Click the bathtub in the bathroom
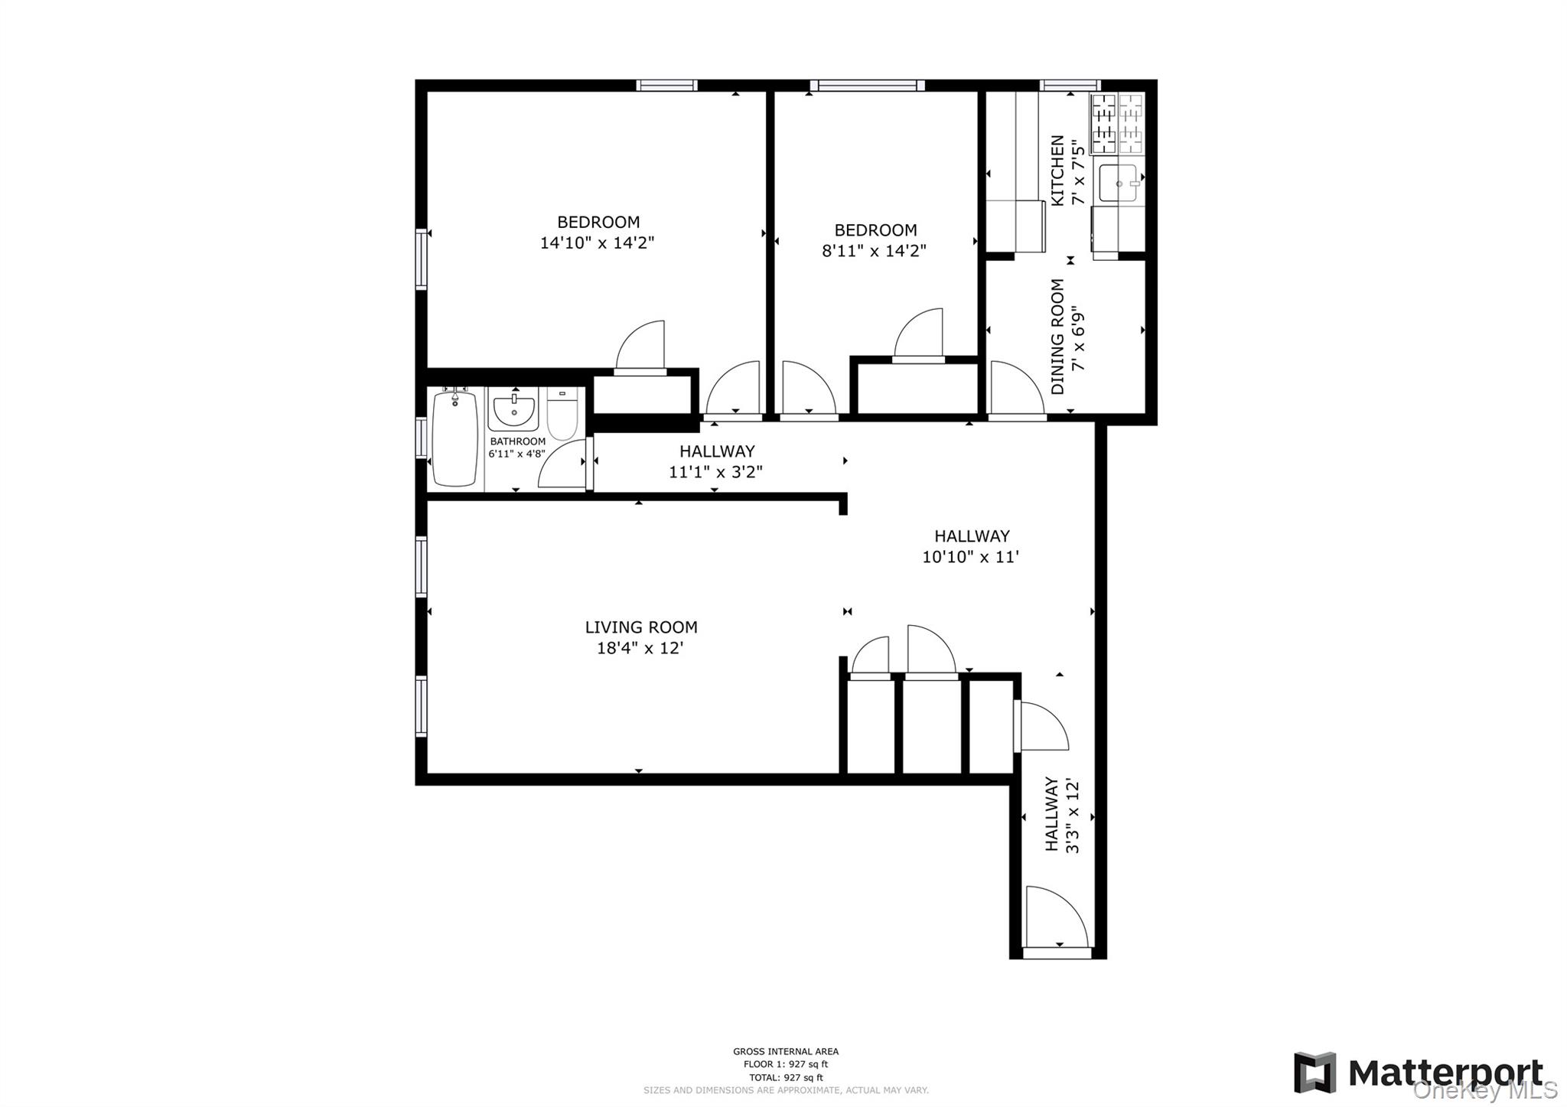click(454, 439)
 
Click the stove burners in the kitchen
click(1116, 123)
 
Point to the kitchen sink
click(1117, 184)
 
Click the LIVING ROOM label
click(641, 627)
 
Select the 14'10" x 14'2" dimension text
click(597, 243)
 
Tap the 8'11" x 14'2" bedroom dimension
click(874, 251)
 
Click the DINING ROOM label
click(1057, 337)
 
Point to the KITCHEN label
click(1057, 171)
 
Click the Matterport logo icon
click(1315, 1073)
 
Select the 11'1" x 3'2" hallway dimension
click(715, 472)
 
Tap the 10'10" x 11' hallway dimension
click(970, 557)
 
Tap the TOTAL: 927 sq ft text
click(785, 1077)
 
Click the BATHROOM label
click(517, 441)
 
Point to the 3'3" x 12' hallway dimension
click(1072, 816)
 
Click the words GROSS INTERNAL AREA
click(785, 1051)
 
